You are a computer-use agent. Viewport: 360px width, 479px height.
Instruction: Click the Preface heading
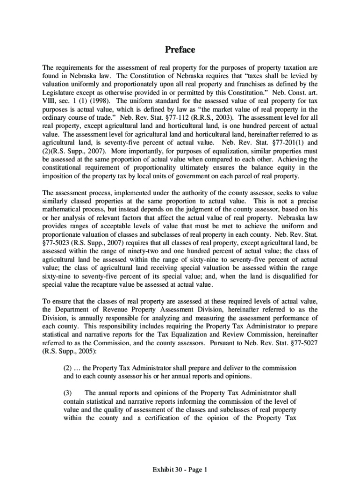(x=180, y=50)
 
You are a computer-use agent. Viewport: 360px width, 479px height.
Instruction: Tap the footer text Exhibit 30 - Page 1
(x=180, y=469)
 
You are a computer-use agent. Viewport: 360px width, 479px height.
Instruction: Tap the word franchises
(x=236, y=84)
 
